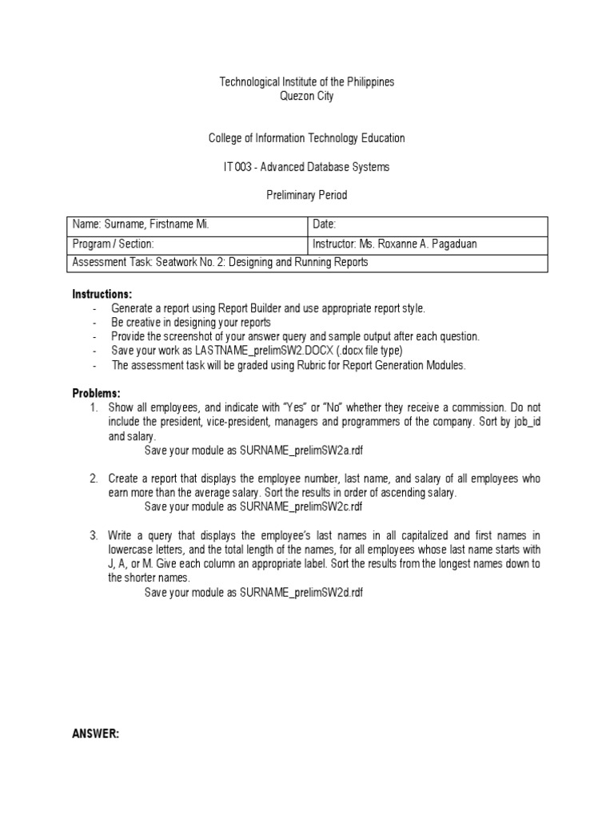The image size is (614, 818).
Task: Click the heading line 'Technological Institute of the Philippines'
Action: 307,82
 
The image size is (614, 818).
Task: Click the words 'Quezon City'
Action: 307,96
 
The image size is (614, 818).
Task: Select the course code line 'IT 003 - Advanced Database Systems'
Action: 307,166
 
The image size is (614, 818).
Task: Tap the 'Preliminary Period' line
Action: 307,194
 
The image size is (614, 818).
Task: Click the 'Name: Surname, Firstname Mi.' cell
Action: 141,225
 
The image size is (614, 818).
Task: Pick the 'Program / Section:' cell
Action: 113,244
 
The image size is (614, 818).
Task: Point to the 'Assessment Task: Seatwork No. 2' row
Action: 221,262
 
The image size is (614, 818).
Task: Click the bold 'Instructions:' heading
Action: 102,294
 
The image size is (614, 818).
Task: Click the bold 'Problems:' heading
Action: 97,394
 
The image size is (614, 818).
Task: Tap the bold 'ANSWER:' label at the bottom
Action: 96,733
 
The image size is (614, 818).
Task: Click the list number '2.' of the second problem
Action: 94,478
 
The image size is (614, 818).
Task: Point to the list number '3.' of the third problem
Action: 94,535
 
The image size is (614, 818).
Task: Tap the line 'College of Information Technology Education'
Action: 307,138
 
